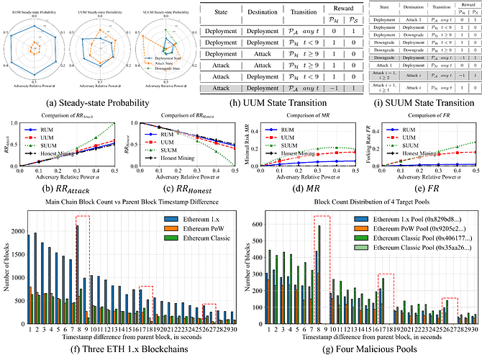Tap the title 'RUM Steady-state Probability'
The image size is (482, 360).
[42, 9]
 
